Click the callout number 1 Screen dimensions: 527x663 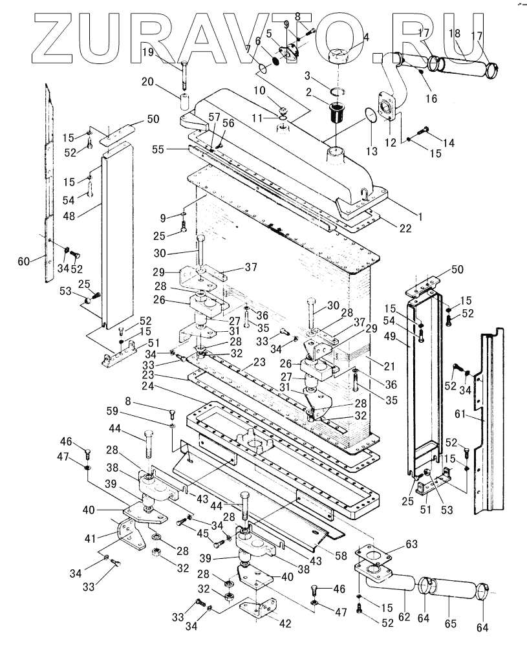tap(420, 217)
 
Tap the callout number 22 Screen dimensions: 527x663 tap(405, 228)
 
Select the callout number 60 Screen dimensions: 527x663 tap(24, 261)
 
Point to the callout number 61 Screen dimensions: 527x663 tap(459, 414)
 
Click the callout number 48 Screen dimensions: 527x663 tap(69, 215)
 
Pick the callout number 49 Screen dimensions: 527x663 tap(390, 336)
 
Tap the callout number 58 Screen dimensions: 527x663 tap(341, 556)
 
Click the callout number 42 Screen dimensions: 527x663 tap(286, 624)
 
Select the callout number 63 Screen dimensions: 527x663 tap(412, 544)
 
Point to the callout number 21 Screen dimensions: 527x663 tap(389, 366)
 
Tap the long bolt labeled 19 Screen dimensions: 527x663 tap(185, 76)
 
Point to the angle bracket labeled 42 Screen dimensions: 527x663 tap(258, 609)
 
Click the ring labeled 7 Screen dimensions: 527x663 tap(262, 69)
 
